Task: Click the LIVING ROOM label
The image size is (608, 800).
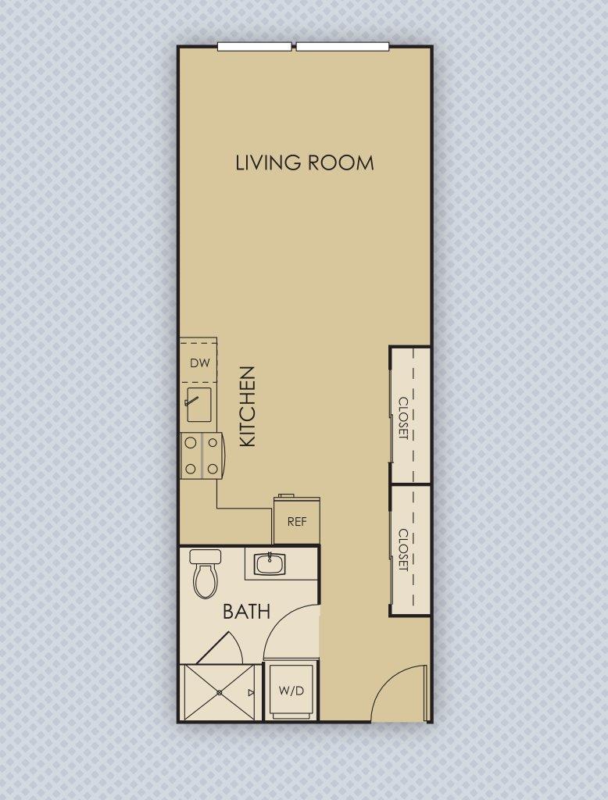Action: (304, 162)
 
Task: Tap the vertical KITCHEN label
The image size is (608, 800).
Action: (247, 406)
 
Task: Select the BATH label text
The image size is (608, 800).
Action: (246, 611)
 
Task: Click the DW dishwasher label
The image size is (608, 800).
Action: (199, 362)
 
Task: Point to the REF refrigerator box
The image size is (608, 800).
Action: (296, 521)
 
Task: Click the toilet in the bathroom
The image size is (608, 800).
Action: (206, 577)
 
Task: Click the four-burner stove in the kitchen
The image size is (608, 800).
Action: (200, 455)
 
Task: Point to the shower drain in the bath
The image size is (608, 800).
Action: (220, 692)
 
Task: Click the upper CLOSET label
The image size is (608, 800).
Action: (404, 418)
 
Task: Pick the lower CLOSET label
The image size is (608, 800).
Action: (404, 550)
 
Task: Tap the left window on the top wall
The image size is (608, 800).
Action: (254, 47)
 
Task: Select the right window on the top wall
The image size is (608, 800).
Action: (342, 47)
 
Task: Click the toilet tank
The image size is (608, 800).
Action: (206, 557)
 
